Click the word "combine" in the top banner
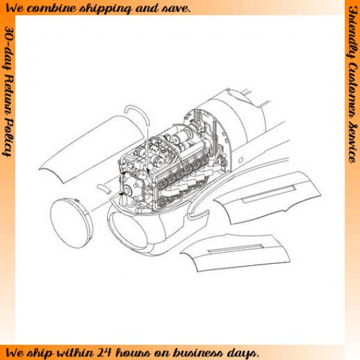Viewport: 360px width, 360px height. click(x=52, y=9)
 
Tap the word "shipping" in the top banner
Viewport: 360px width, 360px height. click(x=105, y=9)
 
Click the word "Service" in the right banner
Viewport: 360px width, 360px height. click(x=352, y=143)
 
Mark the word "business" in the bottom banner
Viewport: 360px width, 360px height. click(x=199, y=352)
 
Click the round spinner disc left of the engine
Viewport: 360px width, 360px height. click(x=71, y=223)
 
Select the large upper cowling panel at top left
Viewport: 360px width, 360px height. click(x=92, y=149)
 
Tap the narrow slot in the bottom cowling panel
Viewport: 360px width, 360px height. click(x=236, y=249)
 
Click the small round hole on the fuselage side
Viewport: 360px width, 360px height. click(x=240, y=160)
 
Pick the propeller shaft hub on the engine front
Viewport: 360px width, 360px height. click(x=127, y=190)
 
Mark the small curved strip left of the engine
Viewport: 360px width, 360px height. click(x=104, y=189)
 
